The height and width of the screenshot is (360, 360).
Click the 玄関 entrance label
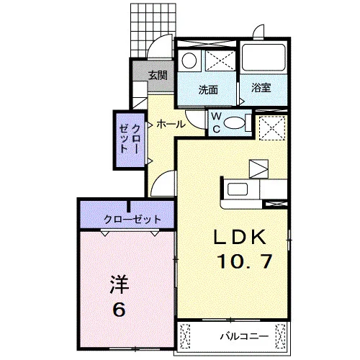[158, 76]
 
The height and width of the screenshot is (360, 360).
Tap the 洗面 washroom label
[208, 90]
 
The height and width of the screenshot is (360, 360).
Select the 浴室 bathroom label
[261, 88]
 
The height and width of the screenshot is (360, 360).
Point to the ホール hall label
[171, 124]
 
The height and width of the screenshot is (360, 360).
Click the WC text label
[217, 122]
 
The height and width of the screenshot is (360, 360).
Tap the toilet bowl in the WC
[234, 122]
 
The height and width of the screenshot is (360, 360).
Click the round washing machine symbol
[189, 60]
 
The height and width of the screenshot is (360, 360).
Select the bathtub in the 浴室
[264, 57]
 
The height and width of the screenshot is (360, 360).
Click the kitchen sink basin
[238, 189]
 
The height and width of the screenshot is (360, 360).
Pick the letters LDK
[240, 237]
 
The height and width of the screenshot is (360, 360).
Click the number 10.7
[244, 261]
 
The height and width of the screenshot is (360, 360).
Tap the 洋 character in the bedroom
[120, 284]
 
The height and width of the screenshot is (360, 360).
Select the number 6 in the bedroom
[120, 309]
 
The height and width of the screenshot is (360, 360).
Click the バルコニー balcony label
[244, 336]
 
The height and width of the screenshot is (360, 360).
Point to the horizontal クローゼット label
[132, 219]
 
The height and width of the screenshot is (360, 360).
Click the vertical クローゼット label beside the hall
[130, 139]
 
